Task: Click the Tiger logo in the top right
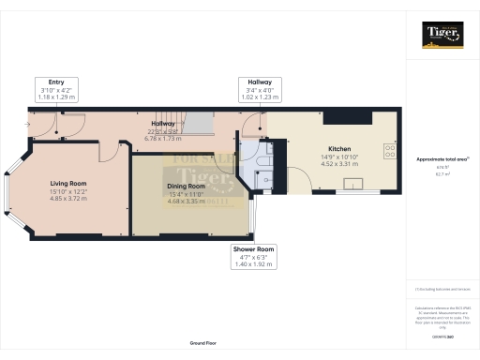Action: [x=442, y=36]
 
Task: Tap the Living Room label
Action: [x=68, y=184]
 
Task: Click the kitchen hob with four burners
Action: [x=388, y=149]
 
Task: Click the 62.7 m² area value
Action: [x=442, y=174]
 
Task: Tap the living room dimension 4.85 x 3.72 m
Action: [x=68, y=199]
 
